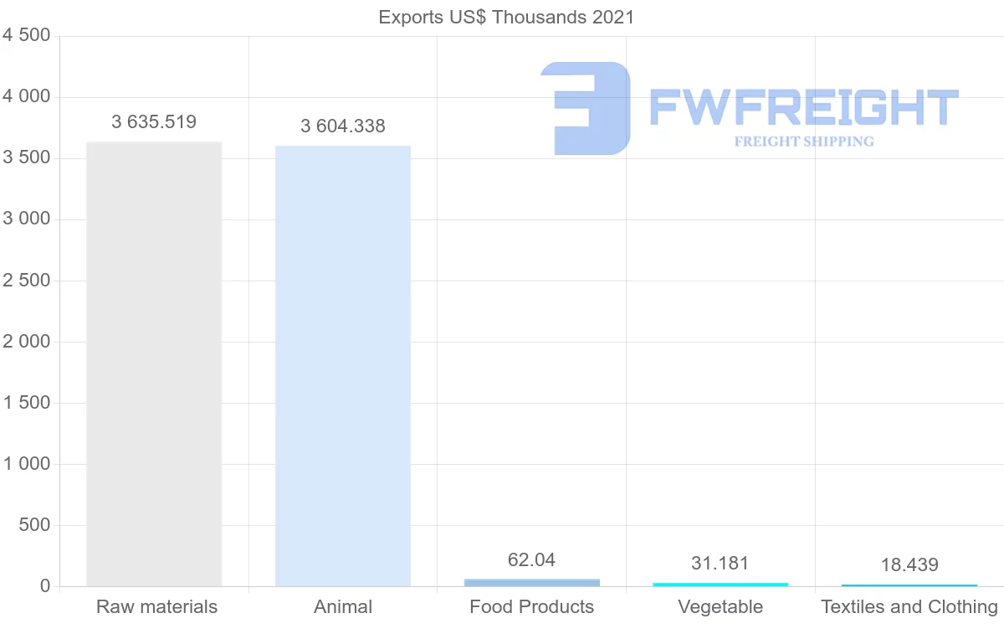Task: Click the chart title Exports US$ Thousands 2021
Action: pos(506,17)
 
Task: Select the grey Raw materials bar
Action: pos(154,364)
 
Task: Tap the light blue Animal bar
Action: pos(343,366)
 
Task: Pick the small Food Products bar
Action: pos(532,582)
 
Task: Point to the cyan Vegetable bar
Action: pos(720,584)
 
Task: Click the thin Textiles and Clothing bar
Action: pos(909,585)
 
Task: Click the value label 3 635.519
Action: pos(154,122)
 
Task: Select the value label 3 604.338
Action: pos(343,126)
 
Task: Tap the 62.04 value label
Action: pos(532,559)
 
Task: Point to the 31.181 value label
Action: pos(720,563)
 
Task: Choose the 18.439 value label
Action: pos(909,565)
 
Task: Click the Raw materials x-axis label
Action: pos(156,607)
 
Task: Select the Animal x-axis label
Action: pos(343,607)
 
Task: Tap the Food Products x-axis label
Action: pos(532,607)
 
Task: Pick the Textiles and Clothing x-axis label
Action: pos(909,607)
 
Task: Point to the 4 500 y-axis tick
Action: pos(27,35)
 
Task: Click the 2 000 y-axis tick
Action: pos(27,342)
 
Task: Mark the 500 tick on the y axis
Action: pos(34,525)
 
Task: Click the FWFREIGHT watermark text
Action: pos(803,108)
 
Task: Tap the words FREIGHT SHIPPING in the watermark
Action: pos(804,142)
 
